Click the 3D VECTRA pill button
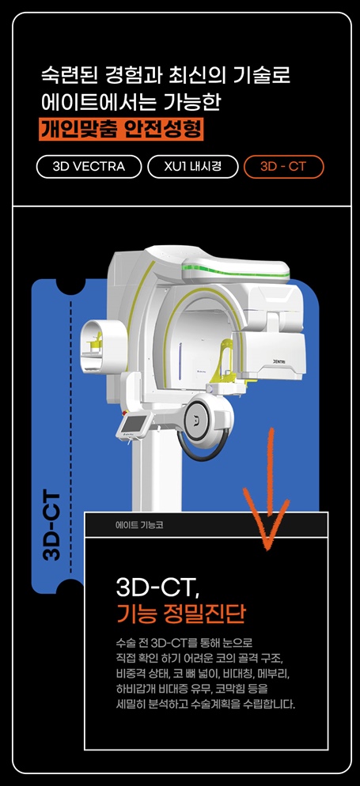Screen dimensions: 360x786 point(89,167)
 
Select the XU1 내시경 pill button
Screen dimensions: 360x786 point(192,167)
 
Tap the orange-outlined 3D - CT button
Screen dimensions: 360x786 point(284,167)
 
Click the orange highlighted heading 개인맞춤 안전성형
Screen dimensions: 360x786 point(121,129)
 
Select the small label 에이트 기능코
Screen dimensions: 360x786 point(139,526)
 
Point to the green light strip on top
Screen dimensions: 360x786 point(236,271)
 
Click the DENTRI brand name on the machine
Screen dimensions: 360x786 point(282,361)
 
